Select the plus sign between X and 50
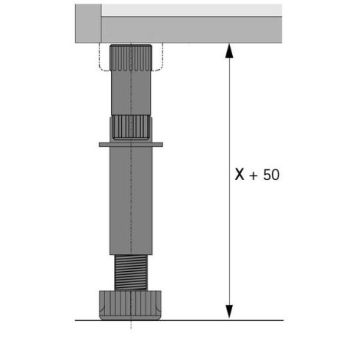pyautogui.click(x=256, y=176)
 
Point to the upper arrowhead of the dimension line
pyautogui.click(x=230, y=51)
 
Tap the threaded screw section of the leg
pyautogui.click(x=130, y=273)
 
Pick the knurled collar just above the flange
pyautogui.click(x=130, y=128)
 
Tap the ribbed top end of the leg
pyautogui.click(x=130, y=56)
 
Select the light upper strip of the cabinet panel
pyautogui.click(x=191, y=10)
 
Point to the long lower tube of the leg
pyautogui.click(x=130, y=198)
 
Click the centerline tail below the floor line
pyautogui.click(x=132, y=325)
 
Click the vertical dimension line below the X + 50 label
pyautogui.click(x=230, y=242)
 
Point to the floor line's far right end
pyautogui.click(x=281, y=320)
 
